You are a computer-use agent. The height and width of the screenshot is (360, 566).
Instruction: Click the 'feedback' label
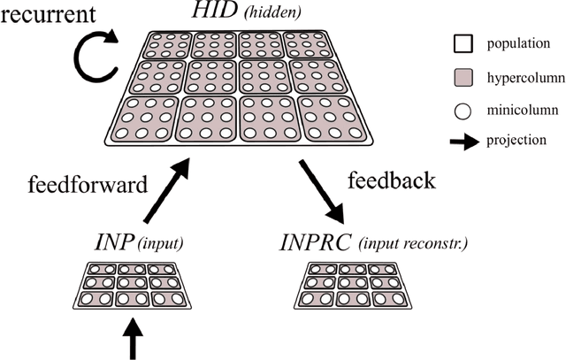pyautogui.click(x=393, y=180)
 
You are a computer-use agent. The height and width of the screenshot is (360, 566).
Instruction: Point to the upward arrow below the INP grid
pyautogui.click(x=133, y=340)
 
